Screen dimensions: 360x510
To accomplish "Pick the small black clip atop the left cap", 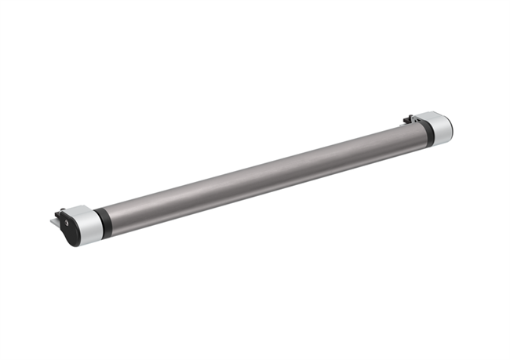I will [60, 213].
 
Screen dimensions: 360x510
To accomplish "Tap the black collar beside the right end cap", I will [428, 133].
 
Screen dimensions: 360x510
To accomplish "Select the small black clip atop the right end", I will [409, 120].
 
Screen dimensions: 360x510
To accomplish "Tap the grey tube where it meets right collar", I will [419, 136].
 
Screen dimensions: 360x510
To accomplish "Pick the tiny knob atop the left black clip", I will [60, 209].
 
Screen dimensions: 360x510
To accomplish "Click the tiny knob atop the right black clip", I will [406, 117].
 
